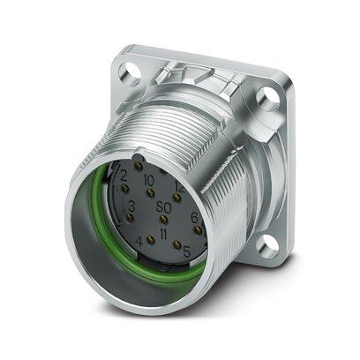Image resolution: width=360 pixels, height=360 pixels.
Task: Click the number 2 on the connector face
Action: pyautogui.click(x=124, y=176)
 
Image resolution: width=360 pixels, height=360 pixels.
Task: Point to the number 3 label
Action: pyautogui.click(x=131, y=206)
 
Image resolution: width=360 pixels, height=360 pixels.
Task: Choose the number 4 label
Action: pyautogui.click(x=140, y=240)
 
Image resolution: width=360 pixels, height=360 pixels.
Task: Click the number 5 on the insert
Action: pyautogui.click(x=186, y=252)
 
